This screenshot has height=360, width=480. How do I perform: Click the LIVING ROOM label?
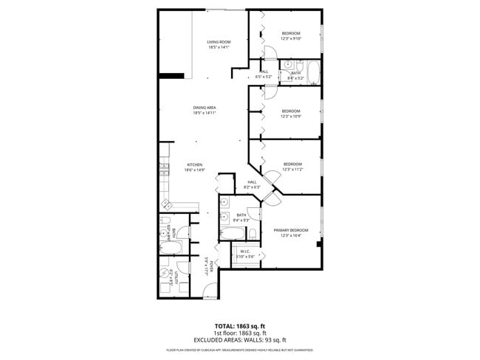click(x=219, y=42)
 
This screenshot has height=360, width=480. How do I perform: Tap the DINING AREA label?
click(x=204, y=108)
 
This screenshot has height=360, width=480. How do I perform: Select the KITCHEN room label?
click(x=194, y=165)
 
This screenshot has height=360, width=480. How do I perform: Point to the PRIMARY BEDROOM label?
click(x=290, y=230)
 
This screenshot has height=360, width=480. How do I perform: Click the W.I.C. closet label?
click(x=245, y=251)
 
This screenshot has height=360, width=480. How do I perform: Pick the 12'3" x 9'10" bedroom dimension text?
click(x=291, y=39)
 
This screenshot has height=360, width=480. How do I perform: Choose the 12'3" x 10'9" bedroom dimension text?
click(x=291, y=116)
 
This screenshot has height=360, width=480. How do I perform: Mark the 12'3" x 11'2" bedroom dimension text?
click(x=292, y=169)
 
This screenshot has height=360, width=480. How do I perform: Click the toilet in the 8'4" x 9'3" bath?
click(x=253, y=234)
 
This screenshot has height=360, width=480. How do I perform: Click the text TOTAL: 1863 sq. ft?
click(x=239, y=325)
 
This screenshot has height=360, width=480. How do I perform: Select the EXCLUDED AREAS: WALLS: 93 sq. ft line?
click(x=239, y=340)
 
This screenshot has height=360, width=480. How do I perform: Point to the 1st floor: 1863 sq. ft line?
click(x=239, y=333)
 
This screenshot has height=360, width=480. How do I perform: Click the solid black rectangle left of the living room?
click(x=171, y=75)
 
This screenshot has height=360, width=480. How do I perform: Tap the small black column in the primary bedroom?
click(x=318, y=244)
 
